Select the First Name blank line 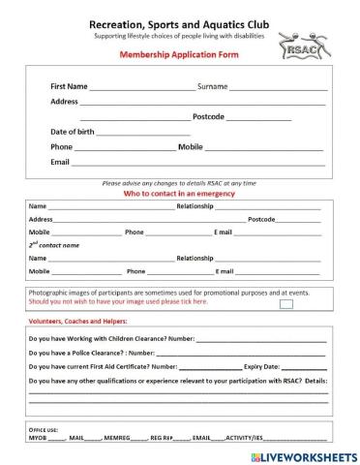(141, 88)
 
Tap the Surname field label (212, 86)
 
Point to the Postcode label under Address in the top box (208, 116)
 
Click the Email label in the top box (60, 162)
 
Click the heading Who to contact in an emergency (179, 193)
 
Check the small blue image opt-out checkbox (285, 303)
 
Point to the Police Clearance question (85, 354)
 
